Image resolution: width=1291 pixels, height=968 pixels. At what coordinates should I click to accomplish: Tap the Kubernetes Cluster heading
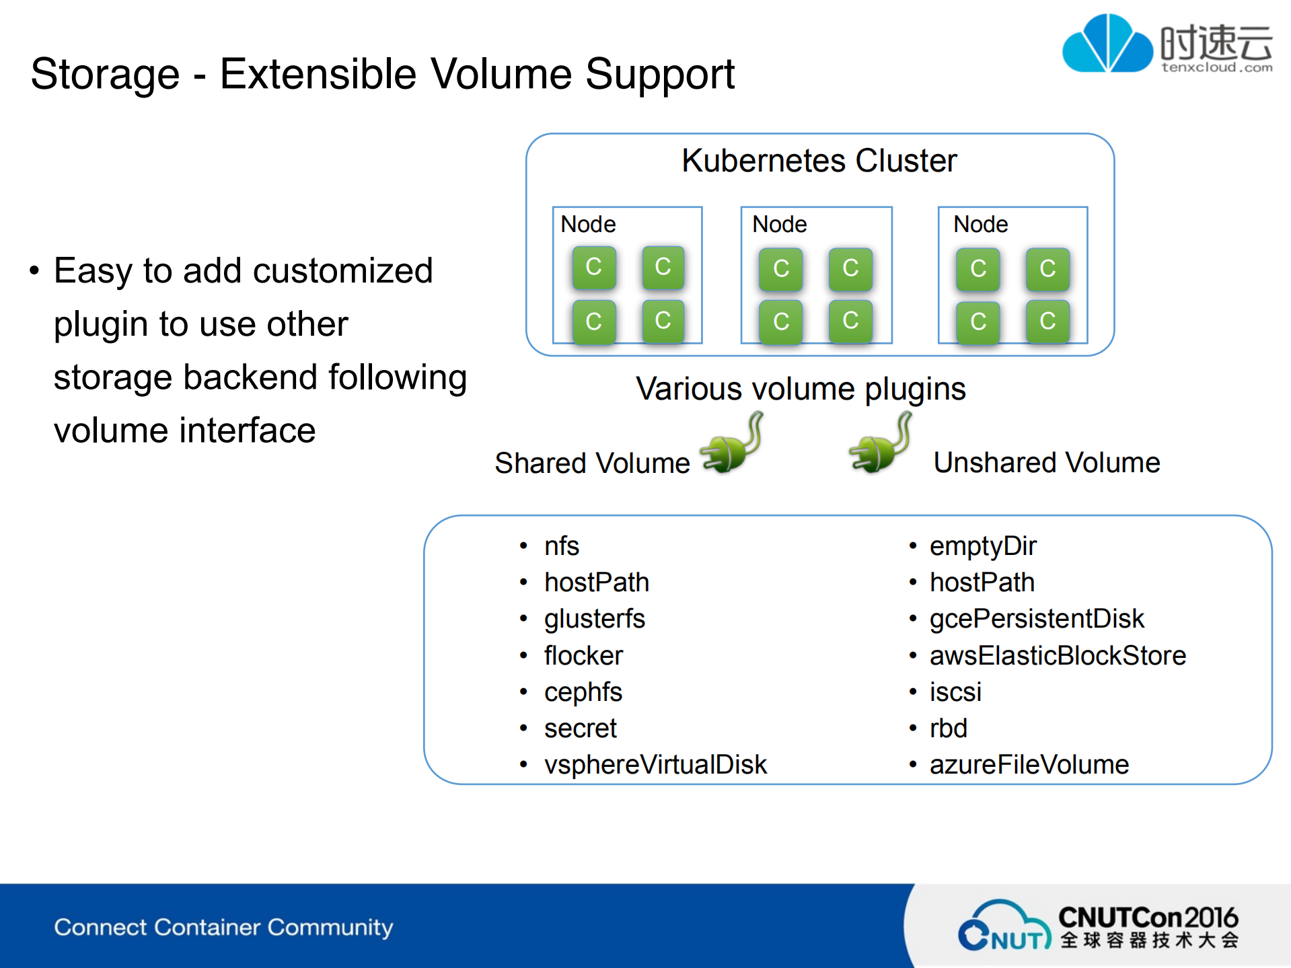819,161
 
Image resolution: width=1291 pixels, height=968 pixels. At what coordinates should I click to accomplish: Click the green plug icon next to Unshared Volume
880,445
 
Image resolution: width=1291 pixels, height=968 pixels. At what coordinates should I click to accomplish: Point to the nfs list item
561,546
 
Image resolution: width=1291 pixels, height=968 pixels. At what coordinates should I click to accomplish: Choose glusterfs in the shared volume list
594,619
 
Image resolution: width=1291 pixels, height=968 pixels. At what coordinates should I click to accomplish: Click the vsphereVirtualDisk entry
655,765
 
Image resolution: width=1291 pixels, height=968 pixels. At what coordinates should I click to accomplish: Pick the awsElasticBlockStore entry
1057,656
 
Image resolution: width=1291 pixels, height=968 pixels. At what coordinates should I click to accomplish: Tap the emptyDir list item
982,546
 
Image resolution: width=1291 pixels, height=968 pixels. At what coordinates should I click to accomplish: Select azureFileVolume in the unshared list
1029,765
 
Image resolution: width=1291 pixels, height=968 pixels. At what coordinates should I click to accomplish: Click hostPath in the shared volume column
596,583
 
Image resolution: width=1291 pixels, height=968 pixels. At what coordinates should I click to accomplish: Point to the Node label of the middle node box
779,225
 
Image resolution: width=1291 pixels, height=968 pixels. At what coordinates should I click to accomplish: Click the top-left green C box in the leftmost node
594,268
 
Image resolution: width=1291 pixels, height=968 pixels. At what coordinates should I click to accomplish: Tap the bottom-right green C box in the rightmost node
1047,322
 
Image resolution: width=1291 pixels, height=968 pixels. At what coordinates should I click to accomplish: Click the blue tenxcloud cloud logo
1107,44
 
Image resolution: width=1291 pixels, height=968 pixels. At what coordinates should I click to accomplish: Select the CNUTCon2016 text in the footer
1148,918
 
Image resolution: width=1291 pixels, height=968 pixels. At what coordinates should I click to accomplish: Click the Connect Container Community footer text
223,928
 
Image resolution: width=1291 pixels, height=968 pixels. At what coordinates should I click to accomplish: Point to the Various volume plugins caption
801,389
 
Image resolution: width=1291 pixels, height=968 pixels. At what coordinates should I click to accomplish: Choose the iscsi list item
955,692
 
